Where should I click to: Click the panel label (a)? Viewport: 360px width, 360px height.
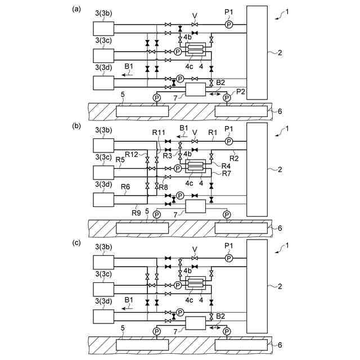[76, 8]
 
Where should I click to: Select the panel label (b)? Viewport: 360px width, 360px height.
[76, 127]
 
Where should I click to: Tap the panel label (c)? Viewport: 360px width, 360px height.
[76, 244]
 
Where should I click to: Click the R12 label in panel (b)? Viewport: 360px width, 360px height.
[132, 154]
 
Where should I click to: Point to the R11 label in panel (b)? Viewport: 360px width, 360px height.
[159, 132]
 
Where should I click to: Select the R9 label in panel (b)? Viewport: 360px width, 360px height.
[135, 212]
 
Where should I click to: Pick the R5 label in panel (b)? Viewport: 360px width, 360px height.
[120, 160]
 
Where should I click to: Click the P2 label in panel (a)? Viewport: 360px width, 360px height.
[240, 91]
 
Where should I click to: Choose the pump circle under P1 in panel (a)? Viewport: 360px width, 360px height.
[229, 25]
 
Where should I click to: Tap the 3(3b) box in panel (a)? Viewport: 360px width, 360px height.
[104, 28]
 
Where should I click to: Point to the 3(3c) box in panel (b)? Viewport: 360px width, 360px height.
[104, 172]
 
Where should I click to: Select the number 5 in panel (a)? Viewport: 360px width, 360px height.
[123, 96]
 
